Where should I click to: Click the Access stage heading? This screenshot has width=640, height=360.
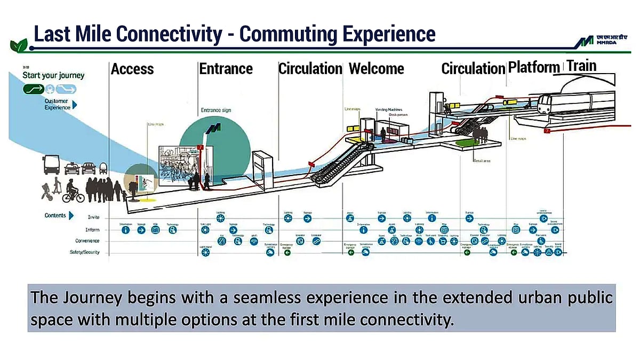pos(132,69)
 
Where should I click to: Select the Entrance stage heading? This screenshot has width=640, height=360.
pos(226,69)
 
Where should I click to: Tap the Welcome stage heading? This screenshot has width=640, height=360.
pos(376,69)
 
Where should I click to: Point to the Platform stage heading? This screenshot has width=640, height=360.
pos(534,68)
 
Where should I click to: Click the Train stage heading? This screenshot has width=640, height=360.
pos(581,66)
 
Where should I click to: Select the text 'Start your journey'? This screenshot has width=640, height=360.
pos(53,75)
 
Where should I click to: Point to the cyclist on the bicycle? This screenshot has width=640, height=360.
pos(73,194)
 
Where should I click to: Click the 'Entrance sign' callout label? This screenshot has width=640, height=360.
pos(216,110)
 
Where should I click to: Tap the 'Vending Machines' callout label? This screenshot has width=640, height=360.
pos(388,109)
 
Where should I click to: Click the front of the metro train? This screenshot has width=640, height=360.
pos(543,105)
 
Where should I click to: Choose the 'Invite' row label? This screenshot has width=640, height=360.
pos(93,218)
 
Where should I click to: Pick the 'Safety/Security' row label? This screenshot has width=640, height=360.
pos(85,252)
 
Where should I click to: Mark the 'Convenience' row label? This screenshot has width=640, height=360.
pos(86,241)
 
